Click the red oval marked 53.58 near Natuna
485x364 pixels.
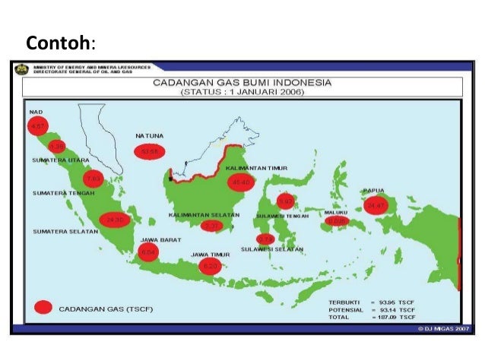150,152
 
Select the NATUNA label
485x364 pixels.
150,136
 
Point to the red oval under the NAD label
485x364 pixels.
37,126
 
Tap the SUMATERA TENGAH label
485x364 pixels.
63,193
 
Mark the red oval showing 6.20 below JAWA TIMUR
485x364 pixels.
211,266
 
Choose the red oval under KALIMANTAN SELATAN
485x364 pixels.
212,226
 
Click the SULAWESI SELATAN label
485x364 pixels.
272,249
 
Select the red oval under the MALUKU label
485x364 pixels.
336,223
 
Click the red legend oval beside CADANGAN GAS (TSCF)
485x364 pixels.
43,308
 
